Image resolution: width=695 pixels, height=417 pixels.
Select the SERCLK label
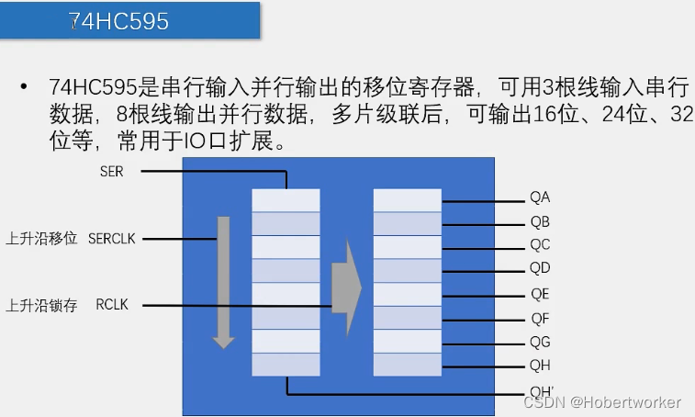tap(111, 238)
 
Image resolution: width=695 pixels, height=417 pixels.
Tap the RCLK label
tap(111, 305)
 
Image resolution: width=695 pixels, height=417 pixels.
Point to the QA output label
tap(539, 197)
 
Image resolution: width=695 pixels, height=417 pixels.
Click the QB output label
tap(539, 221)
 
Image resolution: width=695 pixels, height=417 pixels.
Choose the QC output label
tap(539, 245)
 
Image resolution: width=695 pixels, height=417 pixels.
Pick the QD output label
tap(539, 269)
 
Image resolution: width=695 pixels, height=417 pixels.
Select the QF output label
tap(539, 319)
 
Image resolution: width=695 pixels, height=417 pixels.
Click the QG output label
tap(539, 343)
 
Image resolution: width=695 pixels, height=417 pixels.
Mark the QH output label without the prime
tap(539, 366)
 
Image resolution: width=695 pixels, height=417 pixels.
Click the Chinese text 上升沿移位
tap(41, 238)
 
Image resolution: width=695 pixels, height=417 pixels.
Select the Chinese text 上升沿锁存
tap(41, 305)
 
